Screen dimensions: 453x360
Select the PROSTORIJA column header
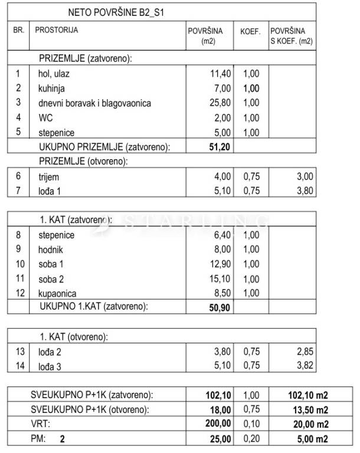point(57,29)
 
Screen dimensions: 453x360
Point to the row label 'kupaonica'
point(59,293)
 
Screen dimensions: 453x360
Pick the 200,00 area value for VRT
point(217,424)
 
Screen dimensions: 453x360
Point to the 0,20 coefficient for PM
point(251,439)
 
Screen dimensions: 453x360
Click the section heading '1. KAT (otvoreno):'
point(73,337)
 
